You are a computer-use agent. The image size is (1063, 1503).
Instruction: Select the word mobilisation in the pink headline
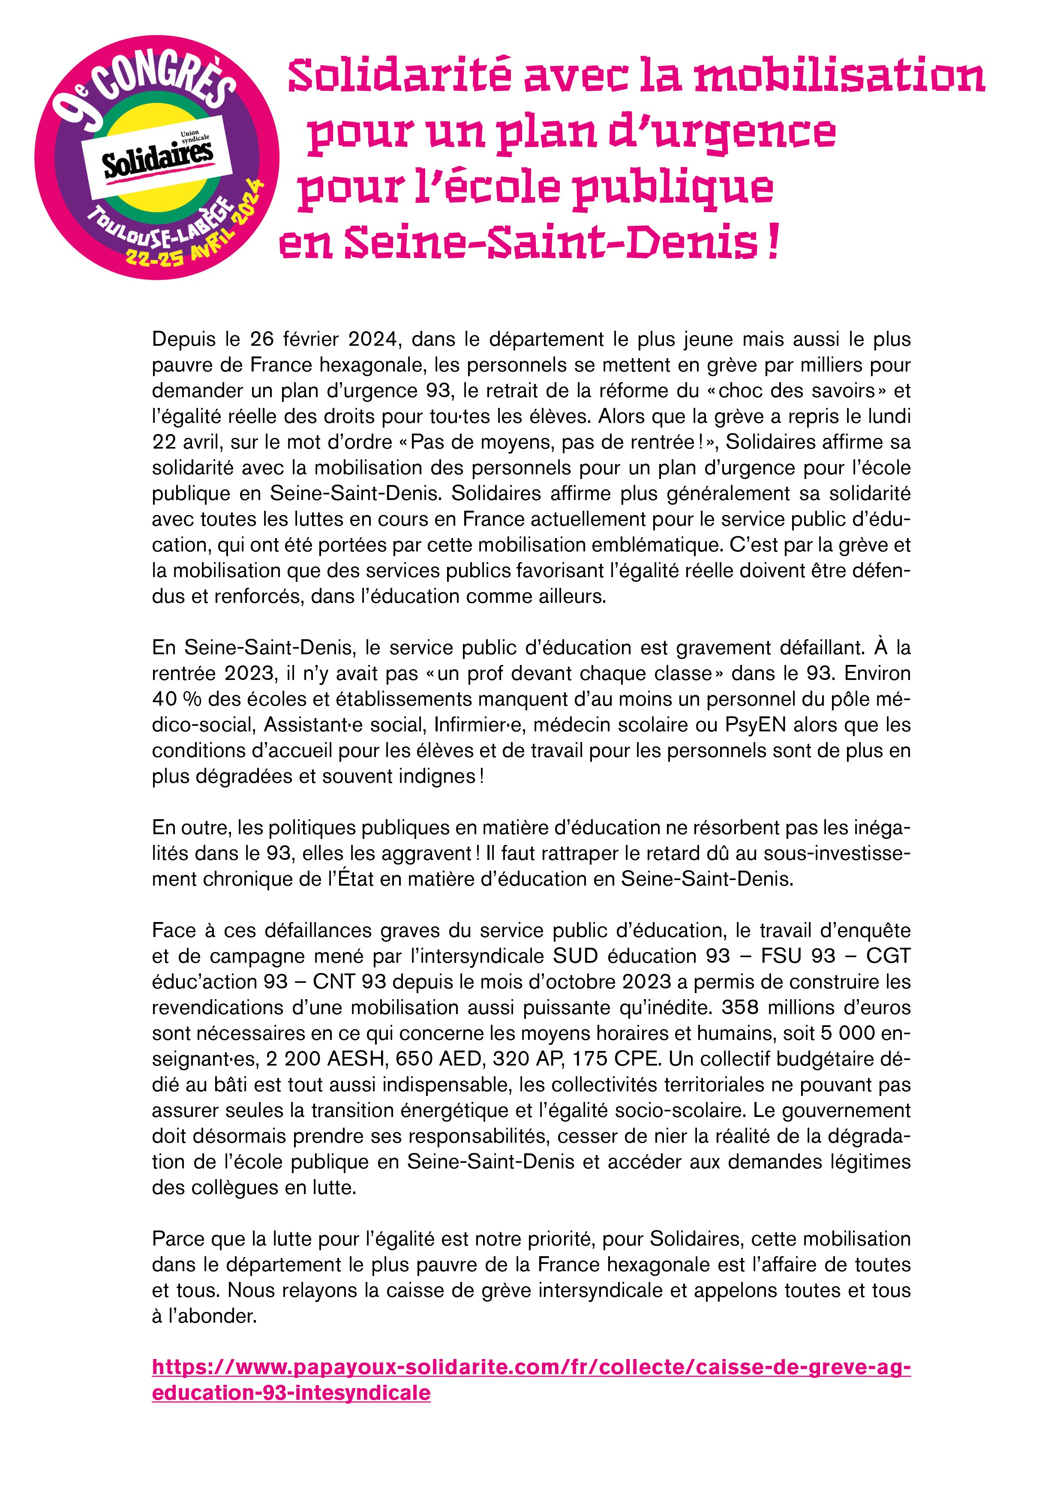839,77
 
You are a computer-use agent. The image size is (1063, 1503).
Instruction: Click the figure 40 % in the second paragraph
176,700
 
